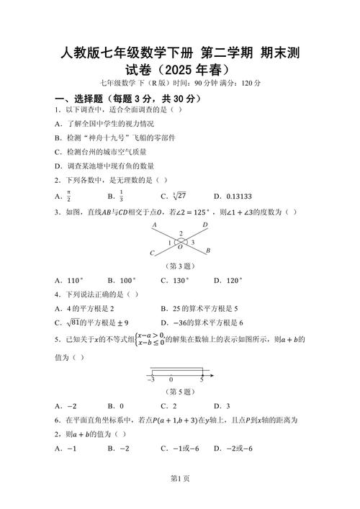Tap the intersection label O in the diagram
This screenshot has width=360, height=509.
(180, 246)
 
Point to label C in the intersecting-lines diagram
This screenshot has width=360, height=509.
(152, 253)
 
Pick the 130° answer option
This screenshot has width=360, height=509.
(178, 280)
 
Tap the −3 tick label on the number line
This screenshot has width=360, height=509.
(152, 379)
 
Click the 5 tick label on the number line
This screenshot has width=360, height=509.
(202, 379)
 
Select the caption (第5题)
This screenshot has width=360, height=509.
(180, 392)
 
